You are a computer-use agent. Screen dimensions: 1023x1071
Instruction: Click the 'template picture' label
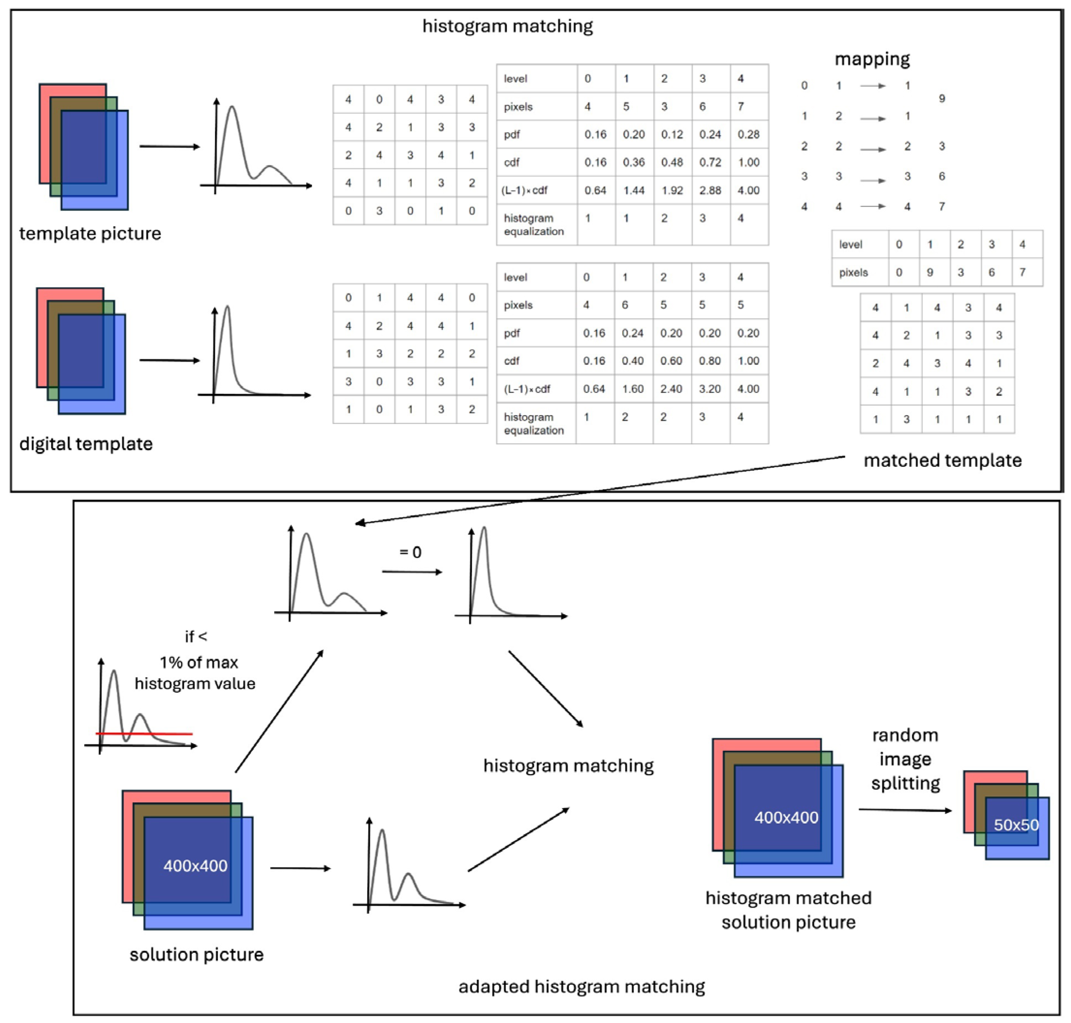coord(90,233)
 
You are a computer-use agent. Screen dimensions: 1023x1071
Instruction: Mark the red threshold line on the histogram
coord(144,733)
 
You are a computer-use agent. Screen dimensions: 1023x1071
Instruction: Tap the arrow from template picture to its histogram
coord(169,146)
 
